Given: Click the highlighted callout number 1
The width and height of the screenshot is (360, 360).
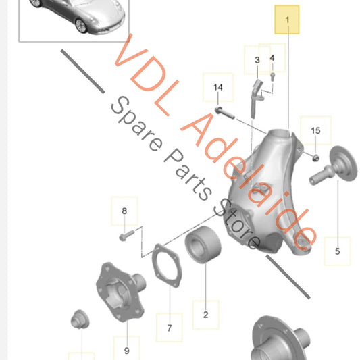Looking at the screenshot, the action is (287, 20).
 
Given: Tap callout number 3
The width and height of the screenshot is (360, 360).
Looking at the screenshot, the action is (257, 60).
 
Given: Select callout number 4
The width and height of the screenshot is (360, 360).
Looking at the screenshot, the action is (272, 58).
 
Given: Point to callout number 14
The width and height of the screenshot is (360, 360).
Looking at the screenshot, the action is (218, 88).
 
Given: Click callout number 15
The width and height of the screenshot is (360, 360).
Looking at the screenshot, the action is (315, 130).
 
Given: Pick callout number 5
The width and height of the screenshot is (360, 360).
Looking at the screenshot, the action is (337, 251).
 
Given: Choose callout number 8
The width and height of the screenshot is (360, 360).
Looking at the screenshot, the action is (124, 211).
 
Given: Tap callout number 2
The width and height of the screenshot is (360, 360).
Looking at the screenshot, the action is (206, 315).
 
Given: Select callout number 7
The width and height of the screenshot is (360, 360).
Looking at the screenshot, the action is (170, 328).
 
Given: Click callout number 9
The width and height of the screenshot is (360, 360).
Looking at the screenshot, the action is (127, 351).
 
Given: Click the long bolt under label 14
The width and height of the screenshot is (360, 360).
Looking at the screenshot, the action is (224, 113).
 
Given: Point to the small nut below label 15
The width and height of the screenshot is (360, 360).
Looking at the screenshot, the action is (316, 158).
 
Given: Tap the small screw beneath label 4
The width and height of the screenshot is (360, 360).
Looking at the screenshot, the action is (272, 77).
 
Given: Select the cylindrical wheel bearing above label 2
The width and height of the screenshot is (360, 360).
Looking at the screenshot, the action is (203, 245).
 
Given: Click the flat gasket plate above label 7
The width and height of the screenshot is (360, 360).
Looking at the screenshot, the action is (167, 265).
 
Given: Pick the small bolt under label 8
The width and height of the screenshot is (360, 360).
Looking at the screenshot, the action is (127, 236).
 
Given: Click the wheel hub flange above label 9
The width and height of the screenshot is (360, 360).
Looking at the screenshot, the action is (120, 292).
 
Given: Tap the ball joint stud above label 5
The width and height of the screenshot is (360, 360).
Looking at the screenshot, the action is (333, 165).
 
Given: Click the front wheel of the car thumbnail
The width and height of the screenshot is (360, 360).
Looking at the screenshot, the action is (81, 26).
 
